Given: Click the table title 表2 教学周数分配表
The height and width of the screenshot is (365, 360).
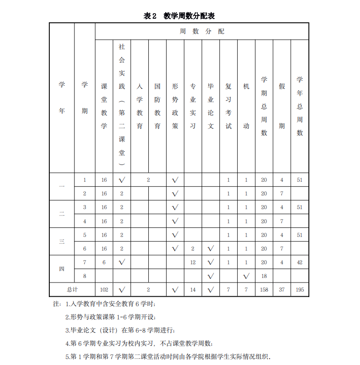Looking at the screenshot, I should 179,16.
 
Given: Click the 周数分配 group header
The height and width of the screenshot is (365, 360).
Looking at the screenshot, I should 202,31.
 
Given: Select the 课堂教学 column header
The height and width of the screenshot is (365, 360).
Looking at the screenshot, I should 104,106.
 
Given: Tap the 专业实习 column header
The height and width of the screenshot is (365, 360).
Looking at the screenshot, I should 193,106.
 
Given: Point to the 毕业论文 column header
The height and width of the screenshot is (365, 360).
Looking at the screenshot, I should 211,106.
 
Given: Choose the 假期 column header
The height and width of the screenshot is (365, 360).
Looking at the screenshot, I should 282,106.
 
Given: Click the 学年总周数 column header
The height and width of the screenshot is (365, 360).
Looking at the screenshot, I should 300,106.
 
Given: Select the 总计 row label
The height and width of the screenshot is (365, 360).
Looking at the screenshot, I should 72,289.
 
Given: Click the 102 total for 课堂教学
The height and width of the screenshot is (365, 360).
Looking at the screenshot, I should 104,289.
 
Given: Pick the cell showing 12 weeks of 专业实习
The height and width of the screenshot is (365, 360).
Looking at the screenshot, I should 193,262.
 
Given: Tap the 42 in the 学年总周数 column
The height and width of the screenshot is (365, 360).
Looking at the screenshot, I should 300,262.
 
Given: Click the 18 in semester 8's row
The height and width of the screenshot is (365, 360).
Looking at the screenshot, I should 264,276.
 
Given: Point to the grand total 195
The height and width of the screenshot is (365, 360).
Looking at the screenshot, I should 300,289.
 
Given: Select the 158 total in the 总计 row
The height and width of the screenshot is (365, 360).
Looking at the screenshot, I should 264,289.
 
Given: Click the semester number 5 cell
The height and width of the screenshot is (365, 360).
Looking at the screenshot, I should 84,235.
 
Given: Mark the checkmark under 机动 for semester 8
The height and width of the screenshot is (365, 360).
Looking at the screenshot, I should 246,276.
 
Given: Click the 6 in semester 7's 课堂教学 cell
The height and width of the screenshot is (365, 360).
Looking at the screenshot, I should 104,262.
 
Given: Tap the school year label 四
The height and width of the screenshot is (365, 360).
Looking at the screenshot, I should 62,269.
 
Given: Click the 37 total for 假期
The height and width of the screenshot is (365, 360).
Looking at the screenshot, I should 282,289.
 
